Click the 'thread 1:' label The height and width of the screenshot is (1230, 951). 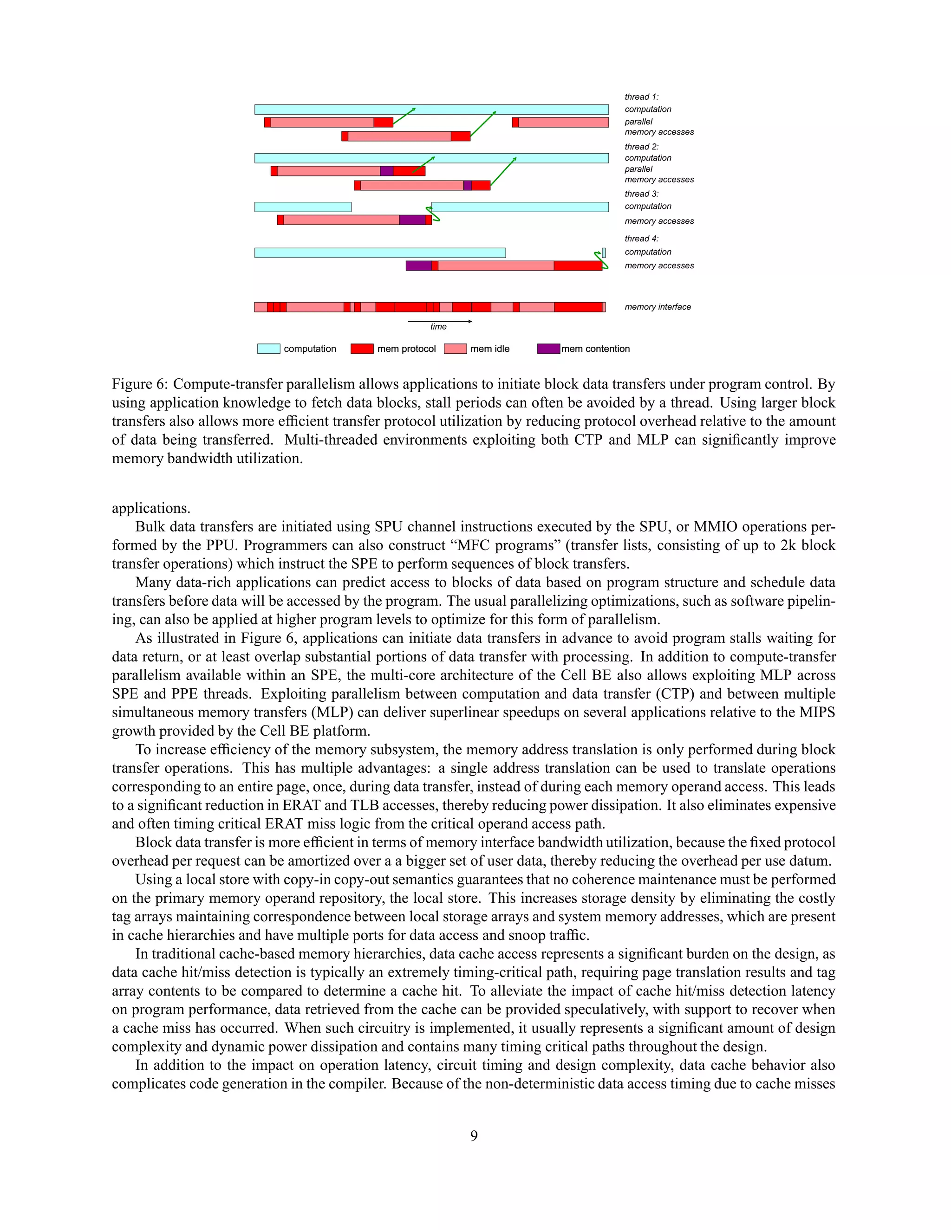[x=641, y=97]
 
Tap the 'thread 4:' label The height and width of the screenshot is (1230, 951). [x=641, y=239]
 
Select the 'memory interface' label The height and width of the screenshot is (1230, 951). [x=658, y=307]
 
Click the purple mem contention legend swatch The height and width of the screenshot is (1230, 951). [x=548, y=349]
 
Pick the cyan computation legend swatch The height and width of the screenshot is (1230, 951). [x=269, y=349]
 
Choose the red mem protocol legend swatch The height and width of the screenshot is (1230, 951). [x=362, y=349]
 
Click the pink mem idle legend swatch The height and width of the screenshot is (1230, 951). [x=455, y=349]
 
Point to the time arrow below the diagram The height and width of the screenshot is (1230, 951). [x=439, y=322]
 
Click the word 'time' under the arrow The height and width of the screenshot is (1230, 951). [x=438, y=327]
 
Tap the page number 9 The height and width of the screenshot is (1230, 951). [x=474, y=1135]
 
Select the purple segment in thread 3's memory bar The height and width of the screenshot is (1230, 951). [x=412, y=220]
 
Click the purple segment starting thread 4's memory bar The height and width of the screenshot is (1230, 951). [x=418, y=265]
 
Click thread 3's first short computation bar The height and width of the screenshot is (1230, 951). [x=303, y=207]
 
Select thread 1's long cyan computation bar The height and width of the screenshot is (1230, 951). [x=431, y=109]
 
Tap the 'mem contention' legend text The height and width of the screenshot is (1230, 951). [x=595, y=349]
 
